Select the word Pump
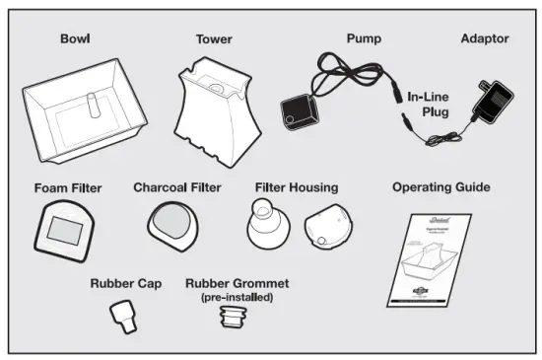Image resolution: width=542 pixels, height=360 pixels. [x=363, y=39]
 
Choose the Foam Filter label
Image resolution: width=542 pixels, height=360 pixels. [x=67, y=187]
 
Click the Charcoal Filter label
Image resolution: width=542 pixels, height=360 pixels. [x=176, y=186]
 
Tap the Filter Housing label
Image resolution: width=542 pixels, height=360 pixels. [x=296, y=186]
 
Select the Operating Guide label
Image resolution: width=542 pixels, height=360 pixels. [x=440, y=186]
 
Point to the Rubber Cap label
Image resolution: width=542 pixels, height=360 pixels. [x=125, y=283]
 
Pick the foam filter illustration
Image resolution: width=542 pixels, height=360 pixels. [x=65, y=231]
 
